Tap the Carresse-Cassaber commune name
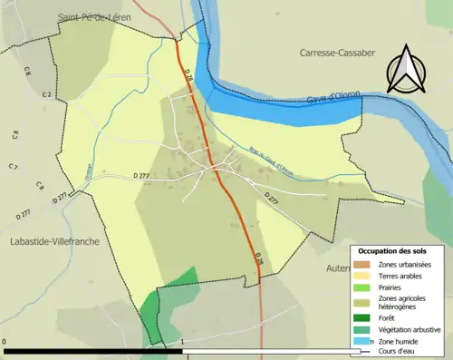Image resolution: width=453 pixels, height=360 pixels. (x=345, y=54)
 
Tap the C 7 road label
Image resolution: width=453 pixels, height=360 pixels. (x=13, y=167)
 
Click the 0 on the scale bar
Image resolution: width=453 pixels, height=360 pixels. (x=5, y=343)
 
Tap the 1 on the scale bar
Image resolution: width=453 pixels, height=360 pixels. (x=183, y=343)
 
